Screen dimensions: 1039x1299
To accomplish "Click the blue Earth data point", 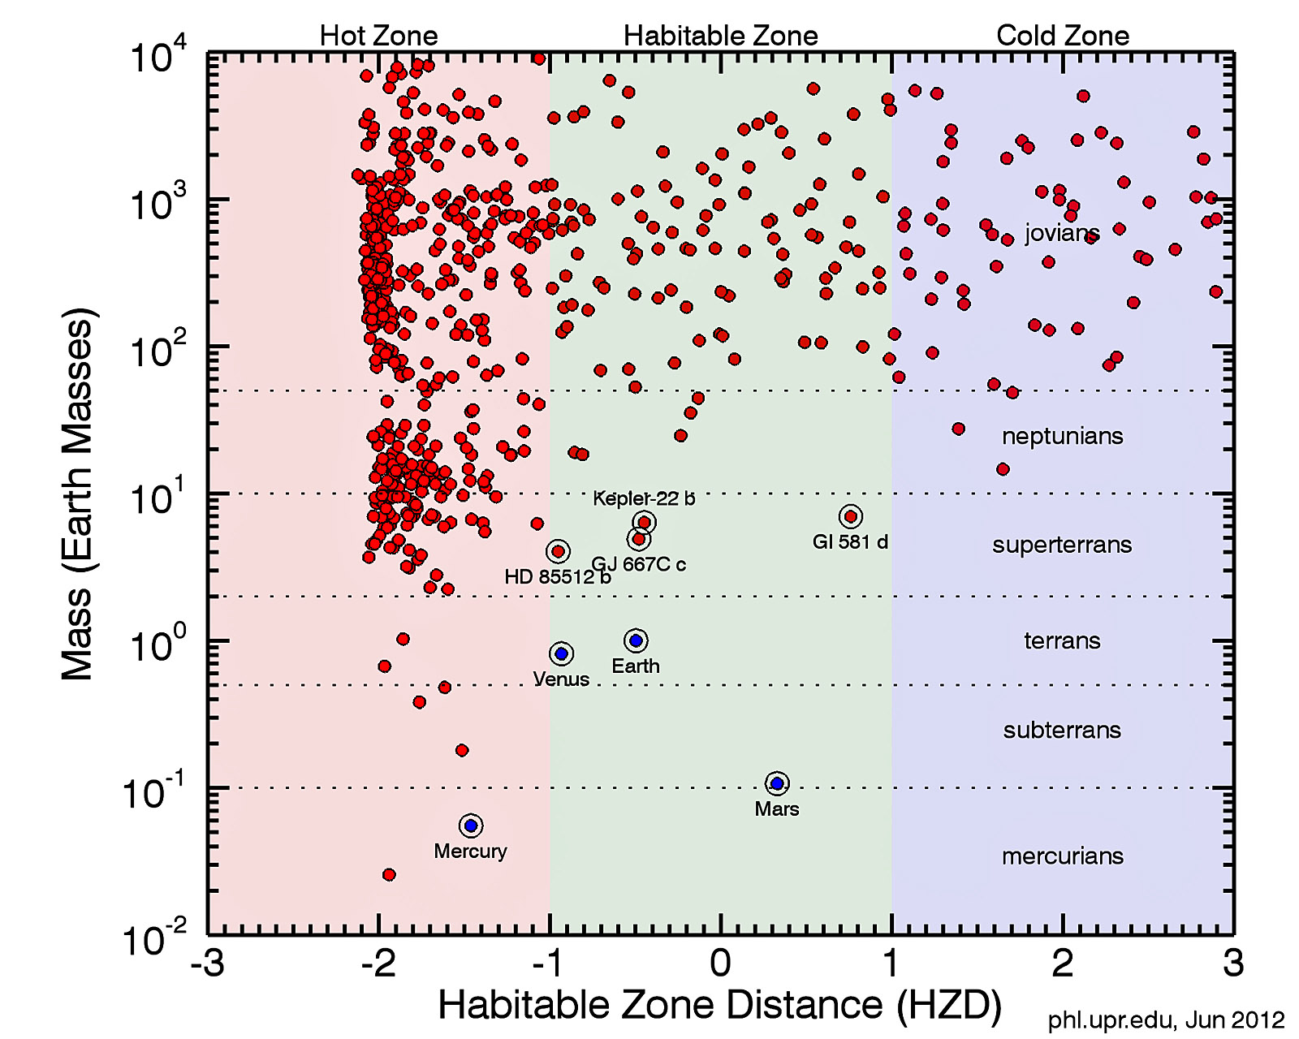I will click(x=636, y=640).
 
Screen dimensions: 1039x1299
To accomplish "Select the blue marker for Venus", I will click(x=561, y=653).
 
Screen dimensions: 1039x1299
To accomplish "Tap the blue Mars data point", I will click(x=777, y=783).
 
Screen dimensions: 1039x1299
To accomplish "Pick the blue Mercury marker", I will click(x=471, y=826).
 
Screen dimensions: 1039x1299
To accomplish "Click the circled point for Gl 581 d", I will click(x=850, y=516).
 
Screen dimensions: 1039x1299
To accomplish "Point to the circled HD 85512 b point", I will click(x=558, y=552).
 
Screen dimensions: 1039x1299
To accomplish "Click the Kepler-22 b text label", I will click(x=644, y=498).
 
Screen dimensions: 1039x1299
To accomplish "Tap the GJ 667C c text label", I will click(x=639, y=564).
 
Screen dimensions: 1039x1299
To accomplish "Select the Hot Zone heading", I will click(x=378, y=36).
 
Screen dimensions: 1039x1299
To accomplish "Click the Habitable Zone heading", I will click(x=721, y=36).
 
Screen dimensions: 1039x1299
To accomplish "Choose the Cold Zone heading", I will click(x=1063, y=36).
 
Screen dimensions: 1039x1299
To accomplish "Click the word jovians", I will click(x=1062, y=234).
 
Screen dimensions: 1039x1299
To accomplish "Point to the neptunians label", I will click(x=1062, y=436).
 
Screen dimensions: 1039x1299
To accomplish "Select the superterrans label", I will click(x=1062, y=545).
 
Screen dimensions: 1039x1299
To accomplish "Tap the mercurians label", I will click(x=1062, y=856).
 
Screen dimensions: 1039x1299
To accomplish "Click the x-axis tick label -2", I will click(x=378, y=964).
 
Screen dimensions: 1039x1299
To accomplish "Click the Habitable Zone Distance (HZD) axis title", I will click(x=719, y=1005).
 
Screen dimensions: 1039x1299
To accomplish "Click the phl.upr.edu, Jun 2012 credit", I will click(x=1166, y=1020).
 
